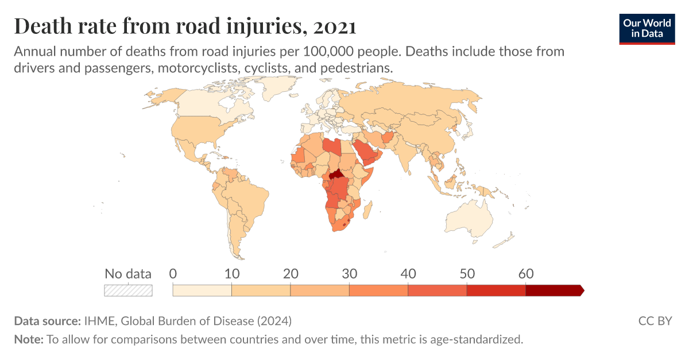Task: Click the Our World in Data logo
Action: tap(647, 28)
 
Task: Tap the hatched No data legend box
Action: tap(128, 291)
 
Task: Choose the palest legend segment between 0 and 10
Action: tap(202, 291)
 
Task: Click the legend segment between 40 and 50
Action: tap(437, 291)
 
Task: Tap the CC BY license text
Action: tap(655, 320)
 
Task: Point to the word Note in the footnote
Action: tap(28, 339)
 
